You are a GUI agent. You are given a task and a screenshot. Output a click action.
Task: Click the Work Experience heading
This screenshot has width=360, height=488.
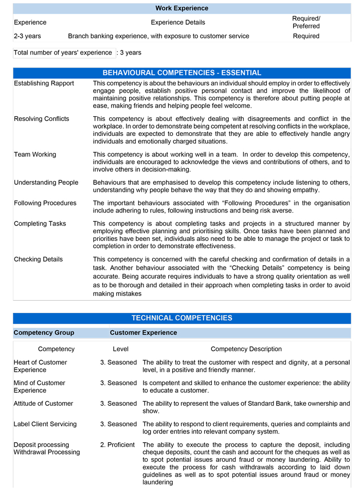click(182, 8)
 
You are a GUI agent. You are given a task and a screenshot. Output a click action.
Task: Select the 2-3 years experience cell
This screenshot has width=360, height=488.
click(27, 36)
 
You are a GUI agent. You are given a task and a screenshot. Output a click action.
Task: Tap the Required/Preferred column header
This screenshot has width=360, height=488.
click(306, 22)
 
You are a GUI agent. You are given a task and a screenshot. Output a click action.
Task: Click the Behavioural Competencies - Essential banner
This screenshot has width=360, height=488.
click(182, 73)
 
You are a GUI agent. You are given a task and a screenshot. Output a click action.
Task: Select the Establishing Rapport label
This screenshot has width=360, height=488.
click(44, 83)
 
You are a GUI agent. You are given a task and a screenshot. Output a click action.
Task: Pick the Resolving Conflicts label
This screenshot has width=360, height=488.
click(41, 119)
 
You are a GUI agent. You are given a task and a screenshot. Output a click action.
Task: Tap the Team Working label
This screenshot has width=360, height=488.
click(35, 154)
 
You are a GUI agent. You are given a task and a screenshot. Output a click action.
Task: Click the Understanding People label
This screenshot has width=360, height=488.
click(46, 182)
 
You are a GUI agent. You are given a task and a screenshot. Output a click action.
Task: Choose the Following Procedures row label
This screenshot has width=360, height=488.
click(45, 203)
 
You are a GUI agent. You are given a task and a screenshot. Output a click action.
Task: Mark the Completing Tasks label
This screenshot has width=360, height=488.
click(40, 223)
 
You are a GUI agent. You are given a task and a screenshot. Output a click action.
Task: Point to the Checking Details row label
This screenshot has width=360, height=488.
click(38, 259)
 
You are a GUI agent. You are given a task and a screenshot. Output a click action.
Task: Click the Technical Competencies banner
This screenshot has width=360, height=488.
click(182, 318)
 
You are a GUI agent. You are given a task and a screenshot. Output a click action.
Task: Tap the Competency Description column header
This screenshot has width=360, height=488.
click(246, 349)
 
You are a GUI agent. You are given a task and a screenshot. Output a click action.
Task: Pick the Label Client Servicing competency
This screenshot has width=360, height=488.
click(45, 424)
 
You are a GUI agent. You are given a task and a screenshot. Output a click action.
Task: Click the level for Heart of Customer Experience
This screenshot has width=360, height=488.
click(118, 362)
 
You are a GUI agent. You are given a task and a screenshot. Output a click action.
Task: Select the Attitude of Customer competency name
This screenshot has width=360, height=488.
click(43, 404)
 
